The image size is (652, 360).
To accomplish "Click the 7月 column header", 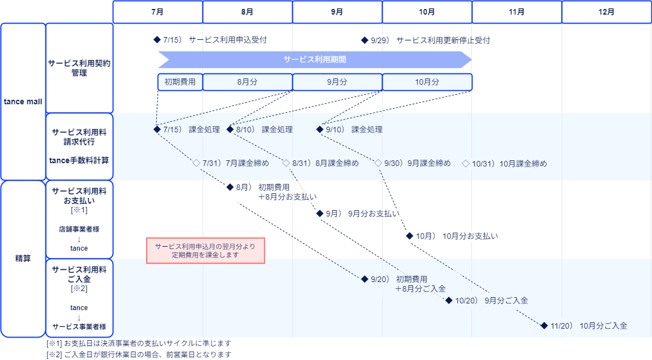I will tap(158, 12).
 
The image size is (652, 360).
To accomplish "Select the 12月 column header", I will tap(606, 12).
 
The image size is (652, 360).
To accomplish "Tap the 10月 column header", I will tap(427, 12).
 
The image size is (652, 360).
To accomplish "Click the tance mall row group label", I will tap(23, 101).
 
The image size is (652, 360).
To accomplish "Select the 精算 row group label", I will tap(23, 259).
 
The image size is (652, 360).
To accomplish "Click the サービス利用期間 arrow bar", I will tap(314, 59).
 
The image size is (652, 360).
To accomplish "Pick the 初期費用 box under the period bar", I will tap(180, 82).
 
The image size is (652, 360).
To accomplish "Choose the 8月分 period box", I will tap(247, 82).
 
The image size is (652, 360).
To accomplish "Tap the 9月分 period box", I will tap(337, 82).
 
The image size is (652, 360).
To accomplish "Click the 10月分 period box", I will tap(427, 82).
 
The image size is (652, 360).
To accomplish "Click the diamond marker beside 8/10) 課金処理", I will tap(230, 130).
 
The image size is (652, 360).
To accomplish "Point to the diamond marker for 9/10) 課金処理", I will tap(320, 130).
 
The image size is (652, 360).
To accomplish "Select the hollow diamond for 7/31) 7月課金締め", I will tap(196, 164).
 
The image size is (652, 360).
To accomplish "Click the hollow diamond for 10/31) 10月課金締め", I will tap(466, 164).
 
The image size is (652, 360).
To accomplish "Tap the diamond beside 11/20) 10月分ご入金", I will tap(544, 326).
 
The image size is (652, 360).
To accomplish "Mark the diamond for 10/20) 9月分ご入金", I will tap(449, 301).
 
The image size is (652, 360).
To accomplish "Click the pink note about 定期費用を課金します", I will tap(205, 251).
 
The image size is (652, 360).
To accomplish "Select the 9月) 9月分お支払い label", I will tap(360, 214).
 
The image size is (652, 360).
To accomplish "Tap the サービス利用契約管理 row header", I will tap(79, 68).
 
